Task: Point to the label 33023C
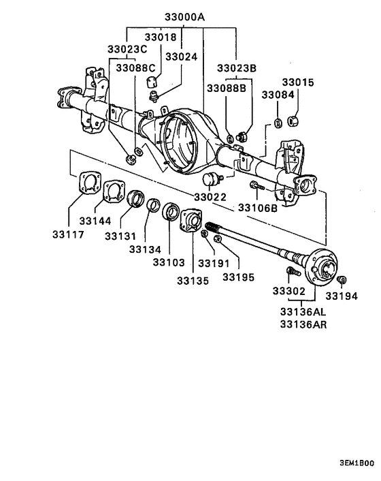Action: pyautogui.click(x=127, y=49)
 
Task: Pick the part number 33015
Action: pyautogui.click(x=297, y=82)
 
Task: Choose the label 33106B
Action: pyautogui.click(x=257, y=207)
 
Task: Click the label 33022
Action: pyautogui.click(x=211, y=197)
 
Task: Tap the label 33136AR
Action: pyautogui.click(x=302, y=325)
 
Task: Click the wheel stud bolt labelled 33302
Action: pyautogui.click(x=293, y=273)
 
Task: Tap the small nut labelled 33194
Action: pyautogui.click(x=344, y=279)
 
